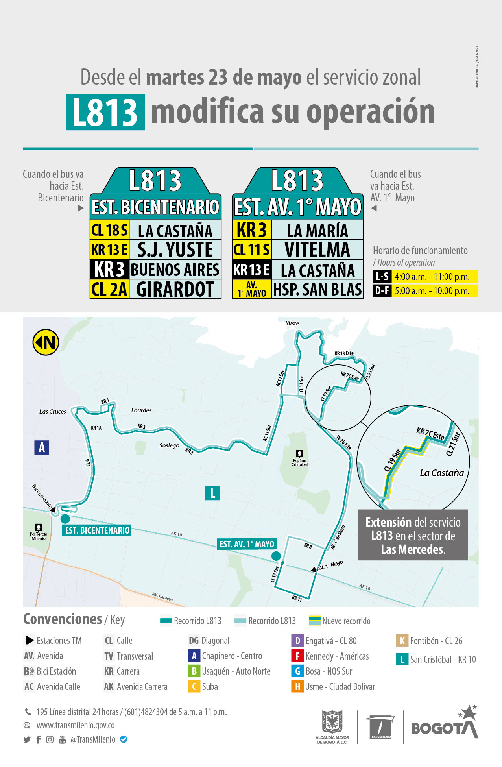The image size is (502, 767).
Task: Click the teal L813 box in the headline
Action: [105, 112]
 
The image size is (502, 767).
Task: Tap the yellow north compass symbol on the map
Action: [46, 342]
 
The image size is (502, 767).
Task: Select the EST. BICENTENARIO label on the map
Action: [97, 530]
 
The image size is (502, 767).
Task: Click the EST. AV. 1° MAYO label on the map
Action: [247, 544]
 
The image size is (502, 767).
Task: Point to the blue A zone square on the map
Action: [42, 447]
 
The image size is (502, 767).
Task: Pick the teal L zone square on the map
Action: [212, 493]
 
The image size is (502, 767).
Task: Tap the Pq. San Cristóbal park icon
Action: [299, 453]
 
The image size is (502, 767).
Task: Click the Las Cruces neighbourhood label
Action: [53, 412]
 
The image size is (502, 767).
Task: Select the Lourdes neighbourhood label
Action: [141, 410]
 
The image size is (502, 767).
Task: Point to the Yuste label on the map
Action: [292, 323]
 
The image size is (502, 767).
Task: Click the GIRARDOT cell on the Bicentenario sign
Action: [175, 290]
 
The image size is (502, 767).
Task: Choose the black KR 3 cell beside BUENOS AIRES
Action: [109, 270]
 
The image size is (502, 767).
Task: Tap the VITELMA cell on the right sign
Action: [317, 250]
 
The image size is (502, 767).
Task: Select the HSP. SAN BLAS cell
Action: [317, 290]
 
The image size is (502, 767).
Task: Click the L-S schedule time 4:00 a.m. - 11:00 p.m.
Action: [432, 277]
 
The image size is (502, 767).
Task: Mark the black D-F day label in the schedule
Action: [382, 291]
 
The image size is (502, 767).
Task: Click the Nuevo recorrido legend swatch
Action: [315, 621]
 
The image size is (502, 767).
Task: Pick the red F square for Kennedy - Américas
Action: [297, 656]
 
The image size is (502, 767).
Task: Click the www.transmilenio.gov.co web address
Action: [76, 725]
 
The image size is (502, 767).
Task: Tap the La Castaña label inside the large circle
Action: [442, 473]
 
